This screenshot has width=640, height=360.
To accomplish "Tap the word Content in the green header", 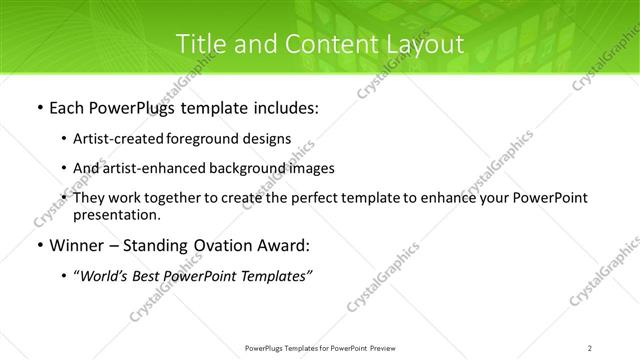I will (322, 44).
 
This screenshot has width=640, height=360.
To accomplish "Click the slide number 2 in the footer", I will (590, 347).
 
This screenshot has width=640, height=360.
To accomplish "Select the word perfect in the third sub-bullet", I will (306, 198).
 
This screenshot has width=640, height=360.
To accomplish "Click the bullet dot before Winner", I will (38, 246).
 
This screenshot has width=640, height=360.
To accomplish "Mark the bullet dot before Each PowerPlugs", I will (38, 108).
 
